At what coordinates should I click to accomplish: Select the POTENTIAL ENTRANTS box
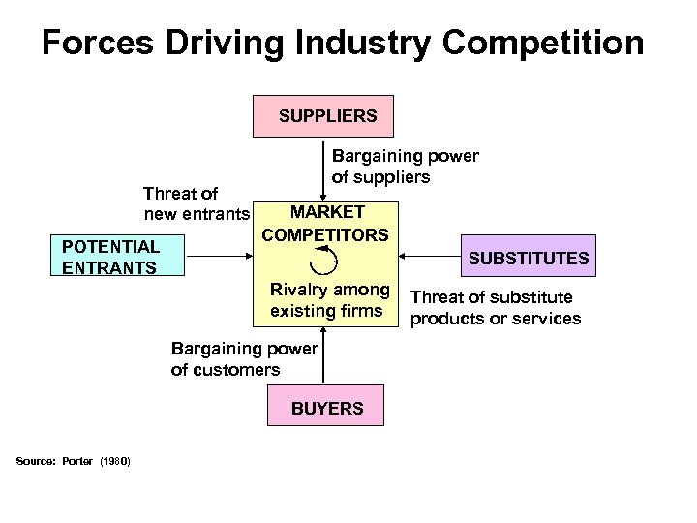pyautogui.click(x=118, y=256)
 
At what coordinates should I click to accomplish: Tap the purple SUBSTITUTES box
pyautogui.click(x=528, y=258)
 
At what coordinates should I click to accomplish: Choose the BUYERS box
pyautogui.click(x=327, y=407)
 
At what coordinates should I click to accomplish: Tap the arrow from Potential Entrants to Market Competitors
pyautogui.click(x=219, y=257)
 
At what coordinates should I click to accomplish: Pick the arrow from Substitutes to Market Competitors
pyautogui.click(x=433, y=257)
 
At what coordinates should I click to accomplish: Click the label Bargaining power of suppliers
pyautogui.click(x=405, y=166)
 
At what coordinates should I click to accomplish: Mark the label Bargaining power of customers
pyautogui.click(x=243, y=358)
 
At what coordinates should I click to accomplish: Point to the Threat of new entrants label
pyautogui.click(x=196, y=202)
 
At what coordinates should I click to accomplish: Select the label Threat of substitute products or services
pyautogui.click(x=496, y=308)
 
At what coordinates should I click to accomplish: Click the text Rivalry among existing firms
pyautogui.click(x=329, y=300)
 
